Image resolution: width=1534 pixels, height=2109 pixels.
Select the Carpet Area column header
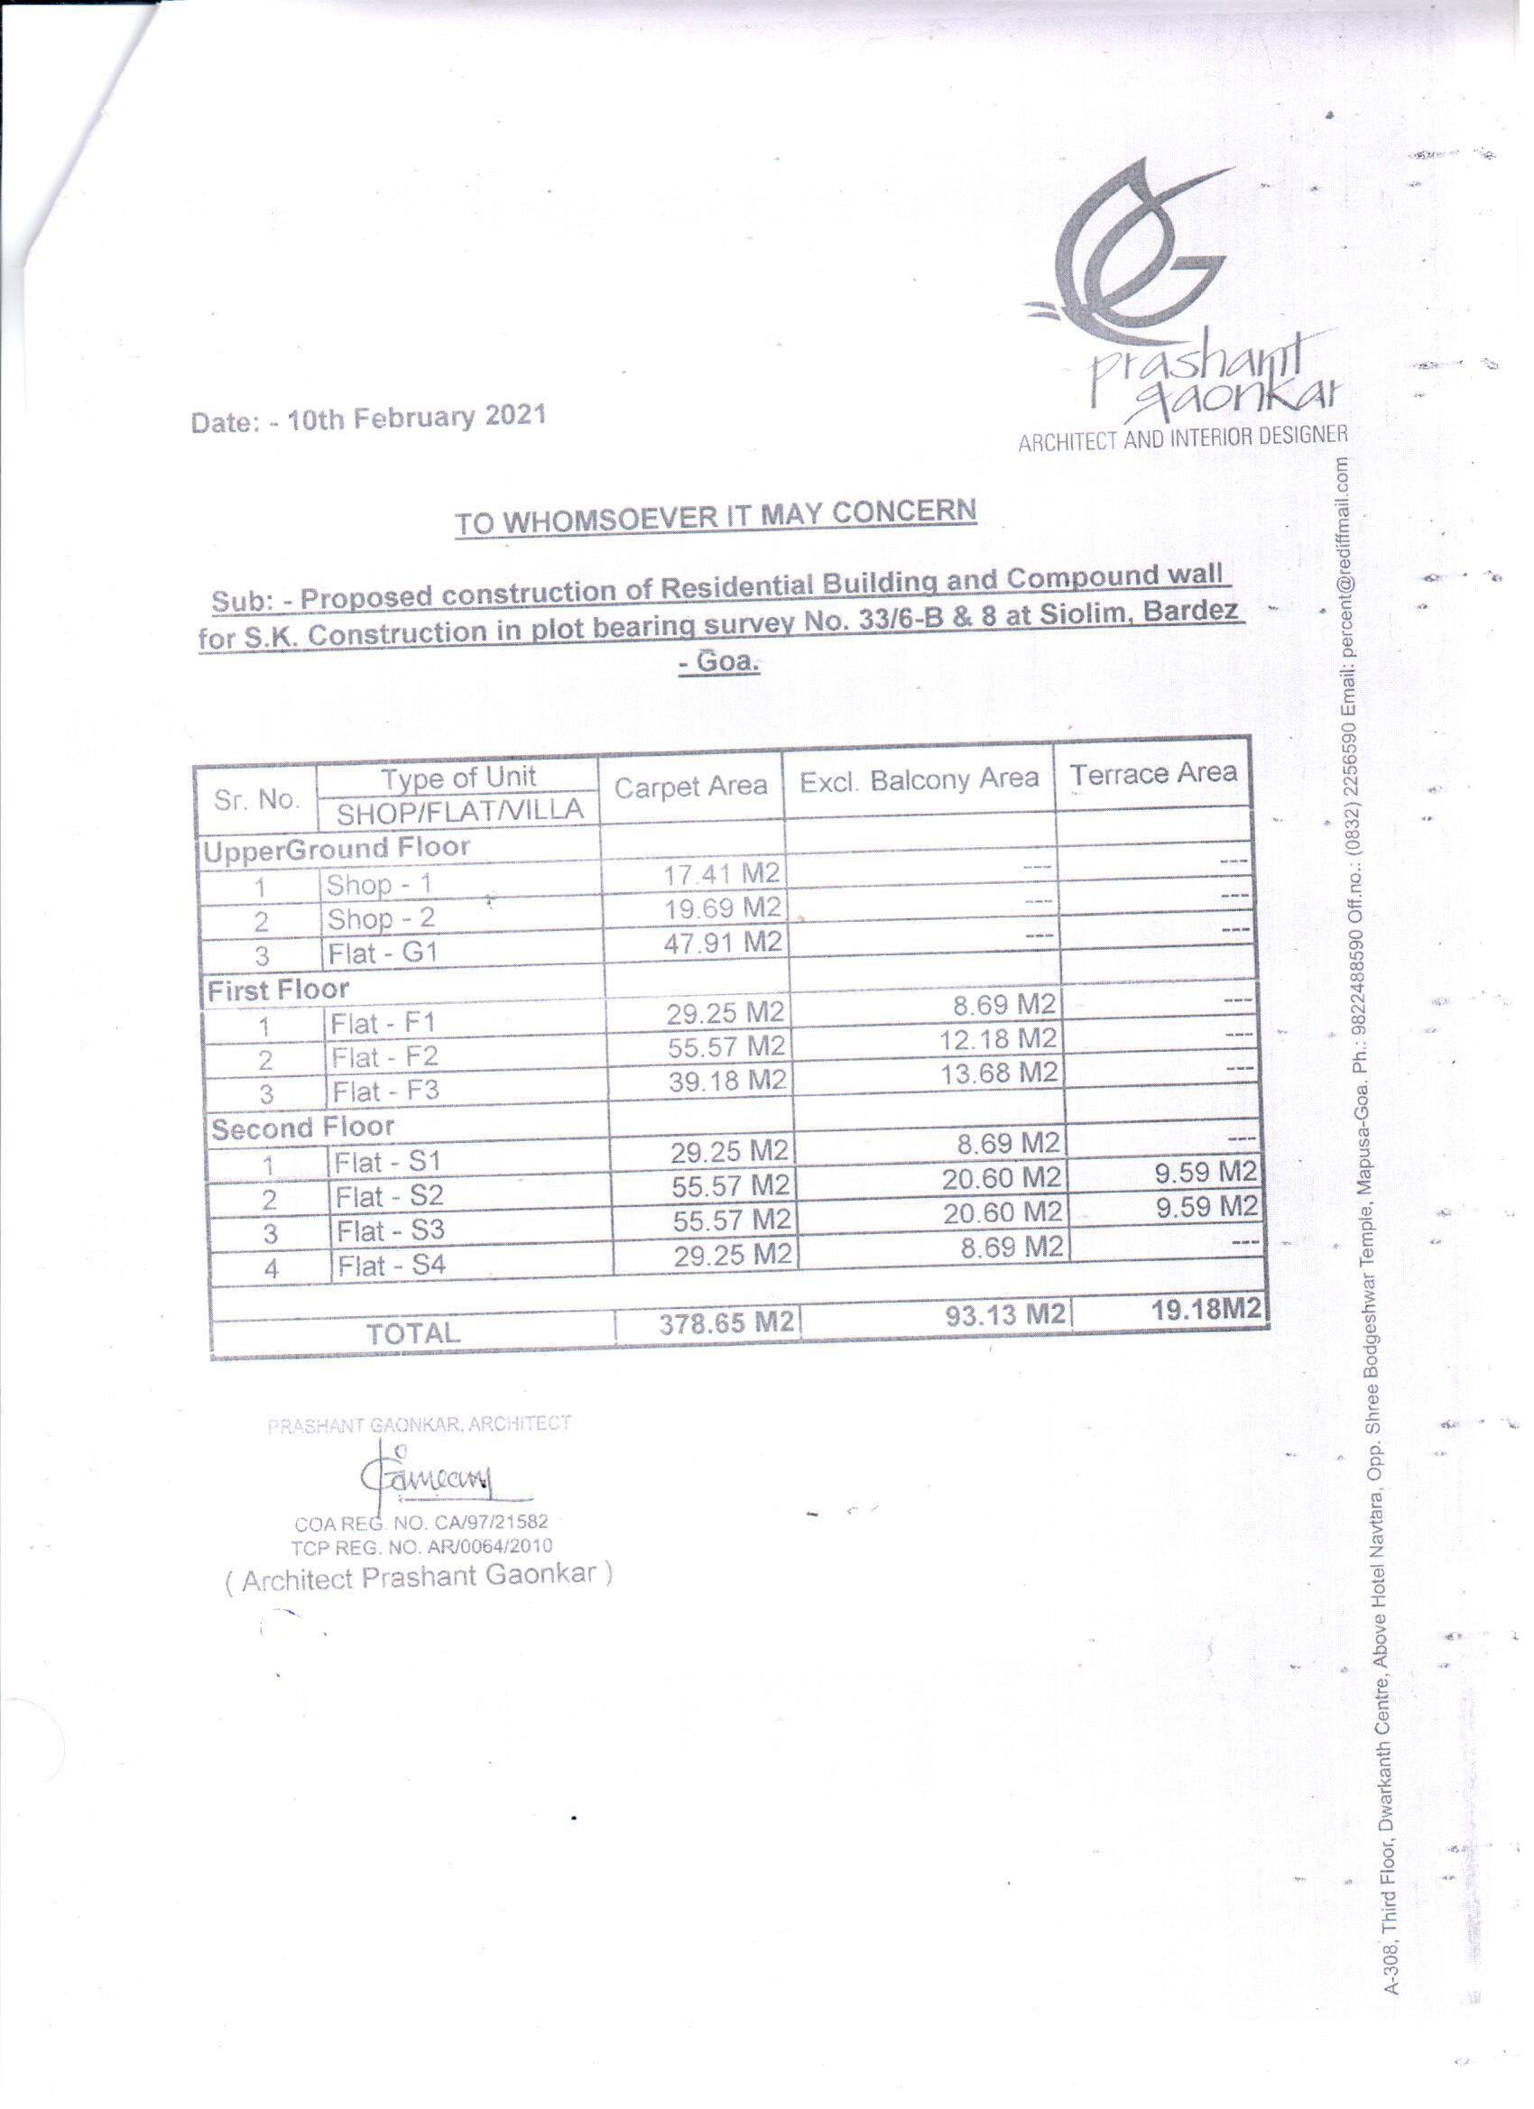pos(690,787)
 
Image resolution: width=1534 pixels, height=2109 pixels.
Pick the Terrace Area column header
pos(1152,774)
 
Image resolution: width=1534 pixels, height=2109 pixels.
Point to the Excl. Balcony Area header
pos(919,780)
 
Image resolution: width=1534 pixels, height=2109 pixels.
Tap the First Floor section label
pos(278,990)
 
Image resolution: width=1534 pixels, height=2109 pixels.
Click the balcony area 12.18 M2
pos(997,1038)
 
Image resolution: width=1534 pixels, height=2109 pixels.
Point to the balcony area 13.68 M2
pos(999,1073)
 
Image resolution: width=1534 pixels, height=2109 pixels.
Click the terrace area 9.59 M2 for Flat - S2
pos(1206,1173)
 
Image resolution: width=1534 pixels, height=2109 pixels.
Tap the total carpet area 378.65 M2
pos(726,1322)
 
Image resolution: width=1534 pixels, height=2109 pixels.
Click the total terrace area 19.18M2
pos(1206,1309)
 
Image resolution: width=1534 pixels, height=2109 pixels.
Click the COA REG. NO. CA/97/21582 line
pos(421,1524)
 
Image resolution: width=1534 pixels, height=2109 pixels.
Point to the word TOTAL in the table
pos(413,1333)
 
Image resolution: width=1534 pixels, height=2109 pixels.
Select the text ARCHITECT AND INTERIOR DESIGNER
pos(1182,438)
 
